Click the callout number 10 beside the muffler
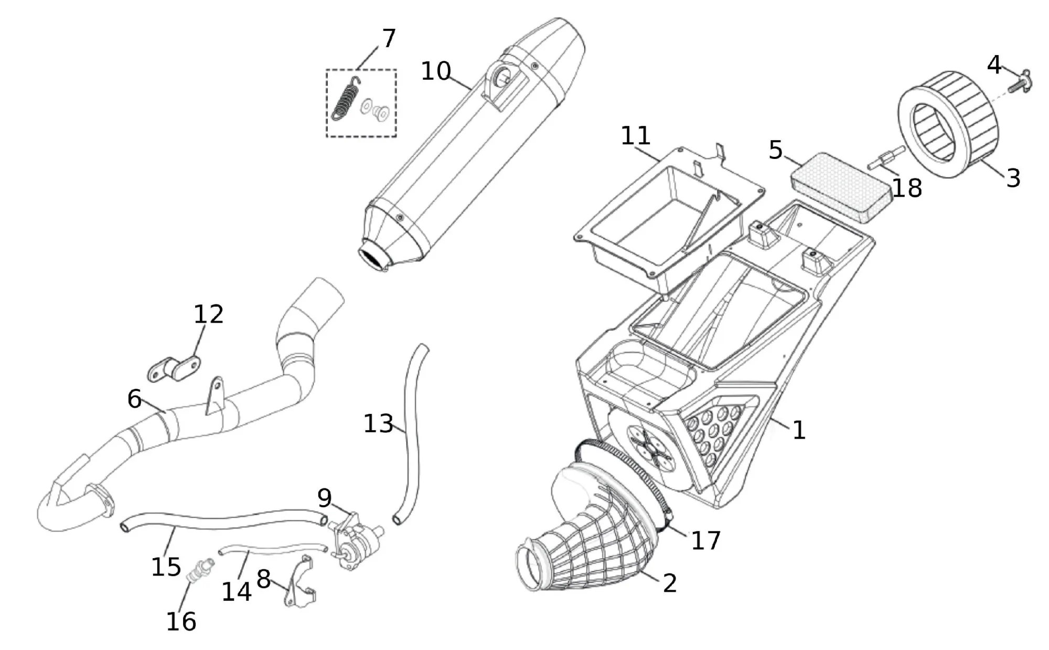[x=436, y=71]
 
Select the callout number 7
[x=389, y=38]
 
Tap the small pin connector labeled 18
[x=887, y=158]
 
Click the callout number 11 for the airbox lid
[x=636, y=136]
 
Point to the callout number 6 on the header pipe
[x=134, y=399]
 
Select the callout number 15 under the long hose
[x=166, y=567]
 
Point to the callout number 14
[x=237, y=591]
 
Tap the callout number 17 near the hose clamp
[x=706, y=540]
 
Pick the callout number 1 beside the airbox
[x=798, y=430]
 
